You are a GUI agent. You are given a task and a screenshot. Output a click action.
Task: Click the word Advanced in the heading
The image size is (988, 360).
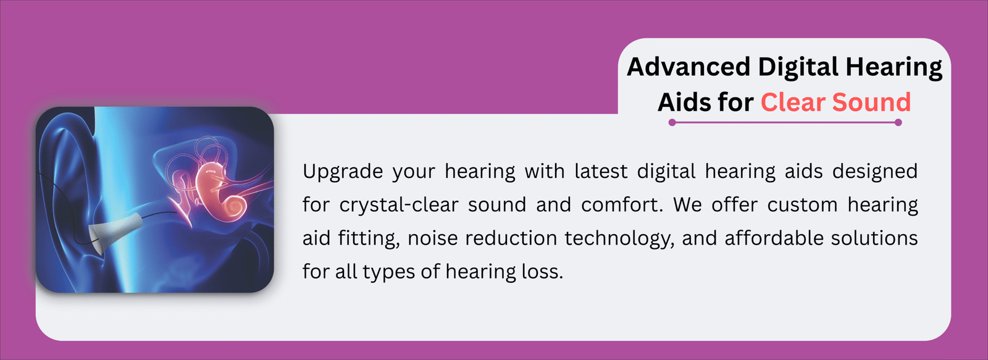689,67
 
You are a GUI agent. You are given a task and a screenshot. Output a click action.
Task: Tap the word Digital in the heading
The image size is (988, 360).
798,68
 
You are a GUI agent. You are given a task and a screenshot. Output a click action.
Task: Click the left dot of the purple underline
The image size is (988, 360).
672,122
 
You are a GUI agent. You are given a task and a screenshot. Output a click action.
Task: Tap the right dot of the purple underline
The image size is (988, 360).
898,122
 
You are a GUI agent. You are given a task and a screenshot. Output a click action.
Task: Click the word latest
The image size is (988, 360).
601,171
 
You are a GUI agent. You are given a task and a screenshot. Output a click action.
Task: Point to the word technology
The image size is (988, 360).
620,239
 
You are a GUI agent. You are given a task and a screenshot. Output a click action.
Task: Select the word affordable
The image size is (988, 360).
774,238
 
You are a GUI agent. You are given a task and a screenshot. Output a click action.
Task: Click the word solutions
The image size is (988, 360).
874,238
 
